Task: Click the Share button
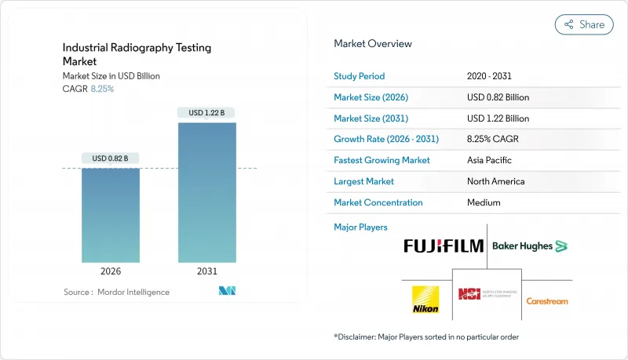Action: tap(584, 24)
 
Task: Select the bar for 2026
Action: tap(111, 216)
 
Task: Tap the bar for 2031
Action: tap(206, 192)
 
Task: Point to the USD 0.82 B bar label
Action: tap(111, 158)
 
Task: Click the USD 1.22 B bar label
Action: tap(206, 113)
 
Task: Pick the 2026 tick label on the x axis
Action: tap(111, 271)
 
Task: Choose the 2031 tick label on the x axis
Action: tap(206, 271)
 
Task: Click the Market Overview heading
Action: tap(373, 44)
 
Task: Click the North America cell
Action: tap(496, 181)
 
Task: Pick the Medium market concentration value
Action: tap(484, 202)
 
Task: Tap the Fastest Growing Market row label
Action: tap(382, 160)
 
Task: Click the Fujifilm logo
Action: tap(444, 246)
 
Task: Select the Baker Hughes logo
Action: tap(529, 246)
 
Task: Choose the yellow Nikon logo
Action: tap(425, 299)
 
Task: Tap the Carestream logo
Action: tap(546, 301)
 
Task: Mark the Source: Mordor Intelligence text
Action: tap(116, 293)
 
